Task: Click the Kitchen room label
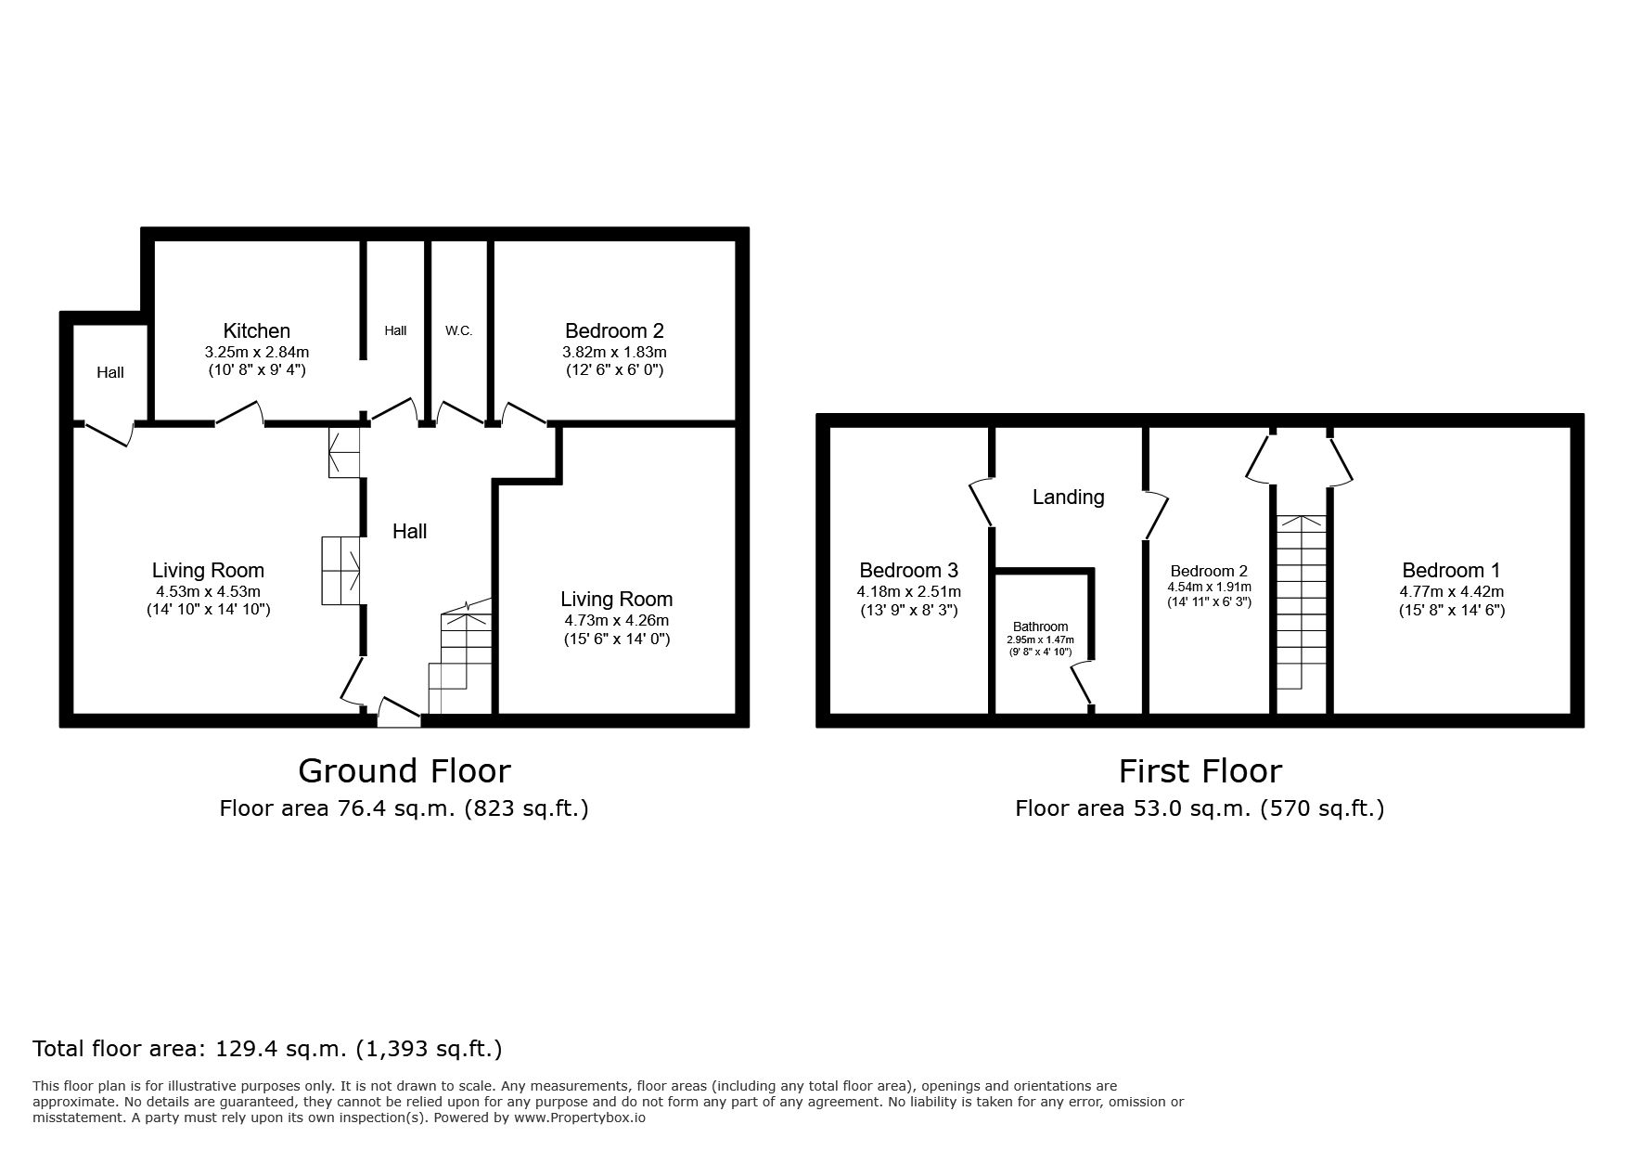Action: click(257, 330)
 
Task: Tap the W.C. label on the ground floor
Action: click(459, 330)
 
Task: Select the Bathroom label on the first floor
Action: click(1041, 627)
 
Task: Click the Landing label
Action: click(1069, 497)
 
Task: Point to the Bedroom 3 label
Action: click(909, 570)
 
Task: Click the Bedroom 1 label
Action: click(1452, 570)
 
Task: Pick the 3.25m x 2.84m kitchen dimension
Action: click(257, 353)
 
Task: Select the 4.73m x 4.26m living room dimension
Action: click(617, 621)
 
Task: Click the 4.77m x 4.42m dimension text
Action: click(1452, 591)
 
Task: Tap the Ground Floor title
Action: click(404, 770)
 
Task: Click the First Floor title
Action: click(1200, 770)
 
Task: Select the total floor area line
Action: click(267, 1049)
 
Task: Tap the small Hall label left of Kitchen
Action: click(110, 372)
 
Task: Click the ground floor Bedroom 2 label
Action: click(615, 330)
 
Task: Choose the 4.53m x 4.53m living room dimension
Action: click(209, 591)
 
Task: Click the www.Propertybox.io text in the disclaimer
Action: click(580, 1118)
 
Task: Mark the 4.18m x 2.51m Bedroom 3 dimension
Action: click(909, 591)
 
